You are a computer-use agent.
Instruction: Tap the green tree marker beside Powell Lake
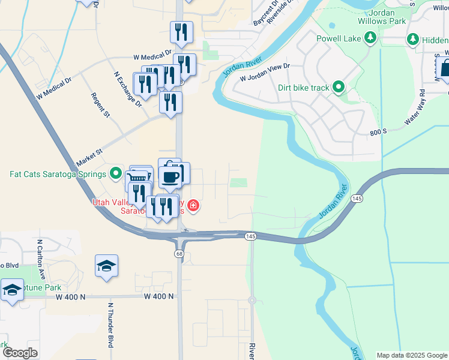tap(371, 39)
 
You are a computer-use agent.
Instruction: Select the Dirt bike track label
tap(304, 88)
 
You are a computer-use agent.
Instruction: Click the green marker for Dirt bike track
tap(339, 88)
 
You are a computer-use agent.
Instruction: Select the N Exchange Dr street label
tap(127, 89)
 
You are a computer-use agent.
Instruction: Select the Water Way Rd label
tap(415, 107)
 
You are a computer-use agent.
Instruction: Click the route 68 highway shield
tap(179, 254)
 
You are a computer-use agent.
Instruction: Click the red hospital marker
tap(193, 207)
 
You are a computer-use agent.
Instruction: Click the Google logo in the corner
tap(20, 353)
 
